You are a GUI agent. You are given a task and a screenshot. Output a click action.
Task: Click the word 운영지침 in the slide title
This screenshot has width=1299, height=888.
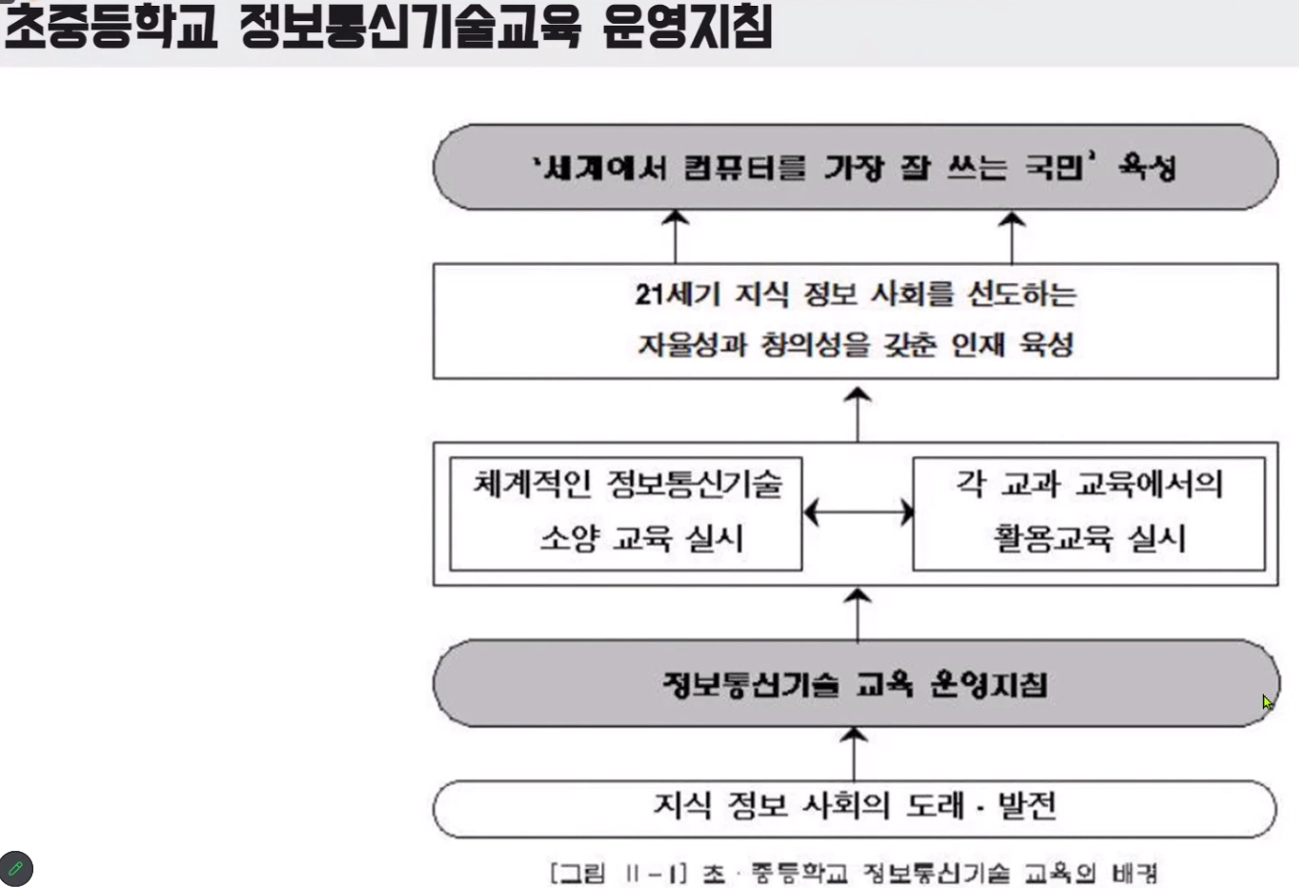coord(686,27)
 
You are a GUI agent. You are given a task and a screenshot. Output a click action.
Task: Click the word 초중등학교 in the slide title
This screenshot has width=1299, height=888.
coord(111,27)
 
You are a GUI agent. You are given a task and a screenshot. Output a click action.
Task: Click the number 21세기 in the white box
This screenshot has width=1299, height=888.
coord(678,294)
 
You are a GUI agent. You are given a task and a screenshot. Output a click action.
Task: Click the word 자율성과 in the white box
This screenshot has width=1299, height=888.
coord(692,344)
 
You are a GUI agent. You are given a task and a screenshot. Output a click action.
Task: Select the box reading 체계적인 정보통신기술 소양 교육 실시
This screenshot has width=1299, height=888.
coord(625,514)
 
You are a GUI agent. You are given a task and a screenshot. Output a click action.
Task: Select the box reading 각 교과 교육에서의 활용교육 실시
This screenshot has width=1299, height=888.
coord(1088,514)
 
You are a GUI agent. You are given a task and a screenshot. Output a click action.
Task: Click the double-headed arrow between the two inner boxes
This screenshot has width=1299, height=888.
coord(858,513)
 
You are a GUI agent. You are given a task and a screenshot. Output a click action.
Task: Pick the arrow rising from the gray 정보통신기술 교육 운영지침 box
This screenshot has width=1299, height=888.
coord(858,614)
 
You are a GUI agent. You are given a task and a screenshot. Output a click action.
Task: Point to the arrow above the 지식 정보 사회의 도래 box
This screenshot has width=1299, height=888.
coord(853,753)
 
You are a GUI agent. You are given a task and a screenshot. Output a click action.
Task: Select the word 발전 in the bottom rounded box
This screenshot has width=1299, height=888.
coord(1025,806)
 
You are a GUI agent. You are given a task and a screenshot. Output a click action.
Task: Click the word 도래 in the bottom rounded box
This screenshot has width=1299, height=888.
coord(935,806)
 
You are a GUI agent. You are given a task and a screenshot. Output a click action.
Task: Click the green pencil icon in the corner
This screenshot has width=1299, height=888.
coord(16,868)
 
